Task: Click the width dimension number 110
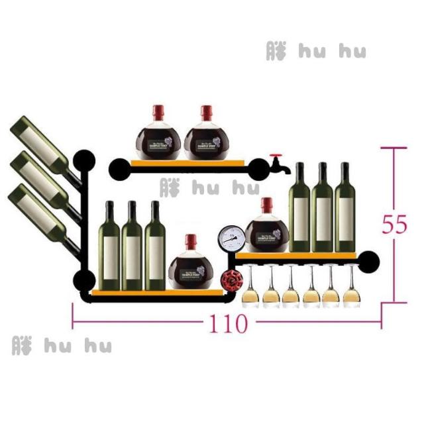[229, 324]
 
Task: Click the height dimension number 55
[394, 225]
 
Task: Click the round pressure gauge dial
[231, 238]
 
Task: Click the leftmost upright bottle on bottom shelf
[109, 245]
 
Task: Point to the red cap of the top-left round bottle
[158, 111]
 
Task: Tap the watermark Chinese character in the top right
[277, 51]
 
